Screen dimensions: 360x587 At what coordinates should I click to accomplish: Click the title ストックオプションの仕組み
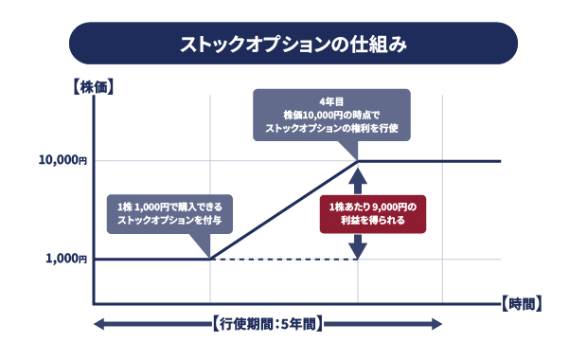[293, 44]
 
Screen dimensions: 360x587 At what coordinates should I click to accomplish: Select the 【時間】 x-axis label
[519, 304]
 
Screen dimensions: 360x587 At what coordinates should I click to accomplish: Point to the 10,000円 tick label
[62, 161]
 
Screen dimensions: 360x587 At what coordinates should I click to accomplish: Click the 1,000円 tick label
[66, 258]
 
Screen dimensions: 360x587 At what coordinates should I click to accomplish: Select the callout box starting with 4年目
[330, 116]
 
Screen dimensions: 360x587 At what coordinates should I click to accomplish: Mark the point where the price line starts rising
[209, 258]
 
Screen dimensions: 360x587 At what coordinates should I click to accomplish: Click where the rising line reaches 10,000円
[357, 161]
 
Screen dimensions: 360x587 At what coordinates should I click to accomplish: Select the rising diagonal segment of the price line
[283, 209]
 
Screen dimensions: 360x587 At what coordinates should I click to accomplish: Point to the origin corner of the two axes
[93, 304]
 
